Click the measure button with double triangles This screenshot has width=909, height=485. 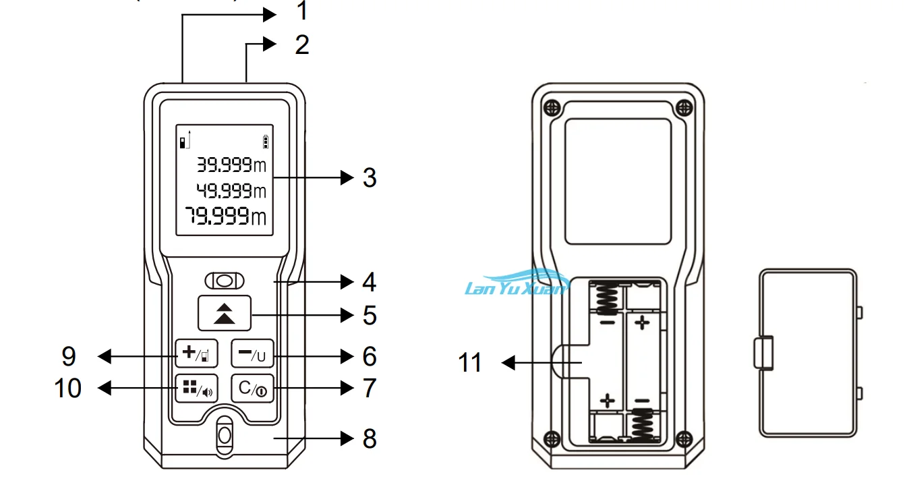225,313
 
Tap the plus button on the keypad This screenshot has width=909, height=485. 196,353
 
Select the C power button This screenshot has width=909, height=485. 252,389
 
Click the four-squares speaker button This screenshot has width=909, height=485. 196,389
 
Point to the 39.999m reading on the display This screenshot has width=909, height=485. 231,165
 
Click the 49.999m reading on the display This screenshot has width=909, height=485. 231,190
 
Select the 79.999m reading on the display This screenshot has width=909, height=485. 226,216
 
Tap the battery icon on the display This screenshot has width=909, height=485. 266,142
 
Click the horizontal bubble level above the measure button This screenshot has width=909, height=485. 225,281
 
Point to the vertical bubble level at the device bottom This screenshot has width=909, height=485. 225,436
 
